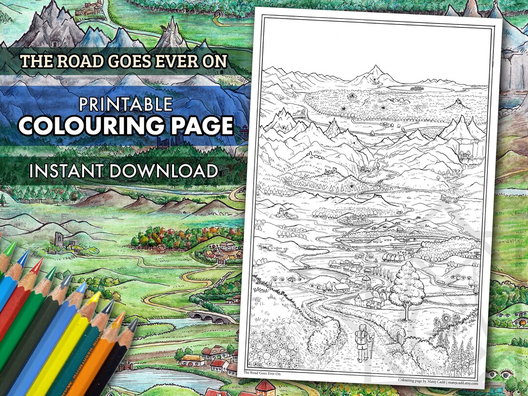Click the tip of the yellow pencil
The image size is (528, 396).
97,294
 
